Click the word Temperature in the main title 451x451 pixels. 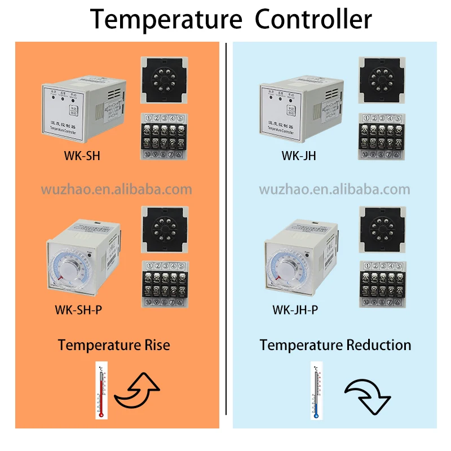click(166, 19)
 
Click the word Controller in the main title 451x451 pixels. click(313, 19)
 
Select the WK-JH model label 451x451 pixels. click(299, 156)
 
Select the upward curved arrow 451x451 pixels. click(138, 391)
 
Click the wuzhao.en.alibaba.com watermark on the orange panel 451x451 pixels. click(116, 189)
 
